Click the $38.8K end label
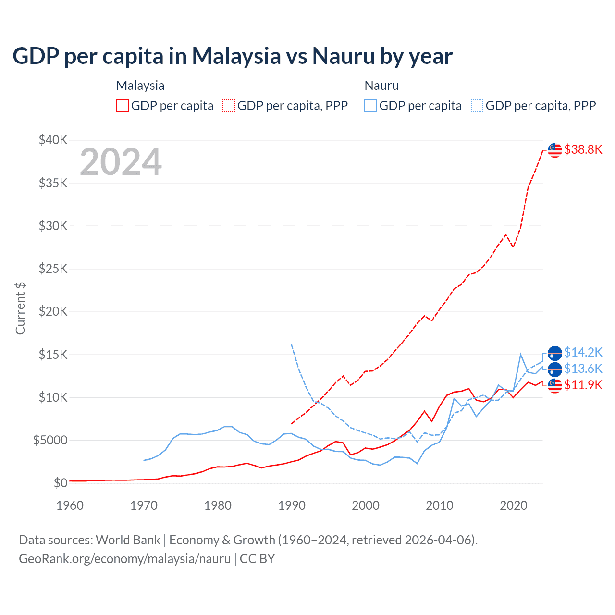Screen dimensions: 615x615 click(583, 150)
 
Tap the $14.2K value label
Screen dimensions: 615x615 click(583, 353)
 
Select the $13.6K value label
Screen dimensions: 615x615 click(583, 369)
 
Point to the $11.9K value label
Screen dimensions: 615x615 click(583, 385)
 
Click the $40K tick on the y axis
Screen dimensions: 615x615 click(53, 140)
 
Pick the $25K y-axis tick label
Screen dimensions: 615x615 click(53, 269)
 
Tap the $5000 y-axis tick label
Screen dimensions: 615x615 click(50, 440)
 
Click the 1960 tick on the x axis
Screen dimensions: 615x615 click(70, 505)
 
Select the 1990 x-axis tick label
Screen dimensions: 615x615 click(292, 505)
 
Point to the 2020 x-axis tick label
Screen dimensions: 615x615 click(514, 505)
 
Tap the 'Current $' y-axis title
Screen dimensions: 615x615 click(20, 308)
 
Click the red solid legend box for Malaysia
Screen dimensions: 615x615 click(123, 106)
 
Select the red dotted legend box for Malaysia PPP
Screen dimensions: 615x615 click(229, 106)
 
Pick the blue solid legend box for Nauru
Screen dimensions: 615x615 click(370, 106)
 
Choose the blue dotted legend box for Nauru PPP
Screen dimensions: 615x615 click(477, 106)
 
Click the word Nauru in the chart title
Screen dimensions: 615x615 click(343, 56)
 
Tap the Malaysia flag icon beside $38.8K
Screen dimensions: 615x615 click(555, 150)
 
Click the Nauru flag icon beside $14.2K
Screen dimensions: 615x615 click(555, 353)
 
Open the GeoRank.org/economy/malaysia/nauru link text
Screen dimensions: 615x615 click(124, 559)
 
